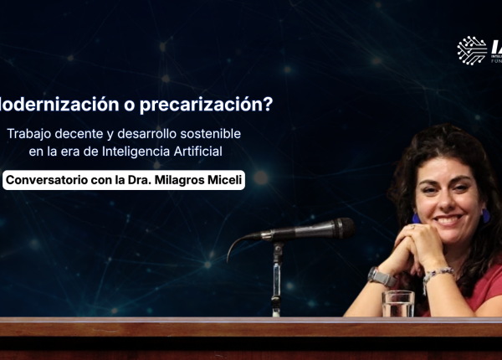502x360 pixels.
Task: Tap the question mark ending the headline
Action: (268, 105)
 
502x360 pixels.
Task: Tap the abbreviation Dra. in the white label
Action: (136, 180)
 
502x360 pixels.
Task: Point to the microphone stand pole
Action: (277, 280)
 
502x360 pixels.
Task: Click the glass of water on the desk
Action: (397, 303)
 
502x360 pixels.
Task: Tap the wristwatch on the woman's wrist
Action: (381, 276)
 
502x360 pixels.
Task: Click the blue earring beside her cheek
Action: (416, 218)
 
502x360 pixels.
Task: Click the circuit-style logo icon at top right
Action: (472, 50)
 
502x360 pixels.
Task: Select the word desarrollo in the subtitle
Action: (149, 134)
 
